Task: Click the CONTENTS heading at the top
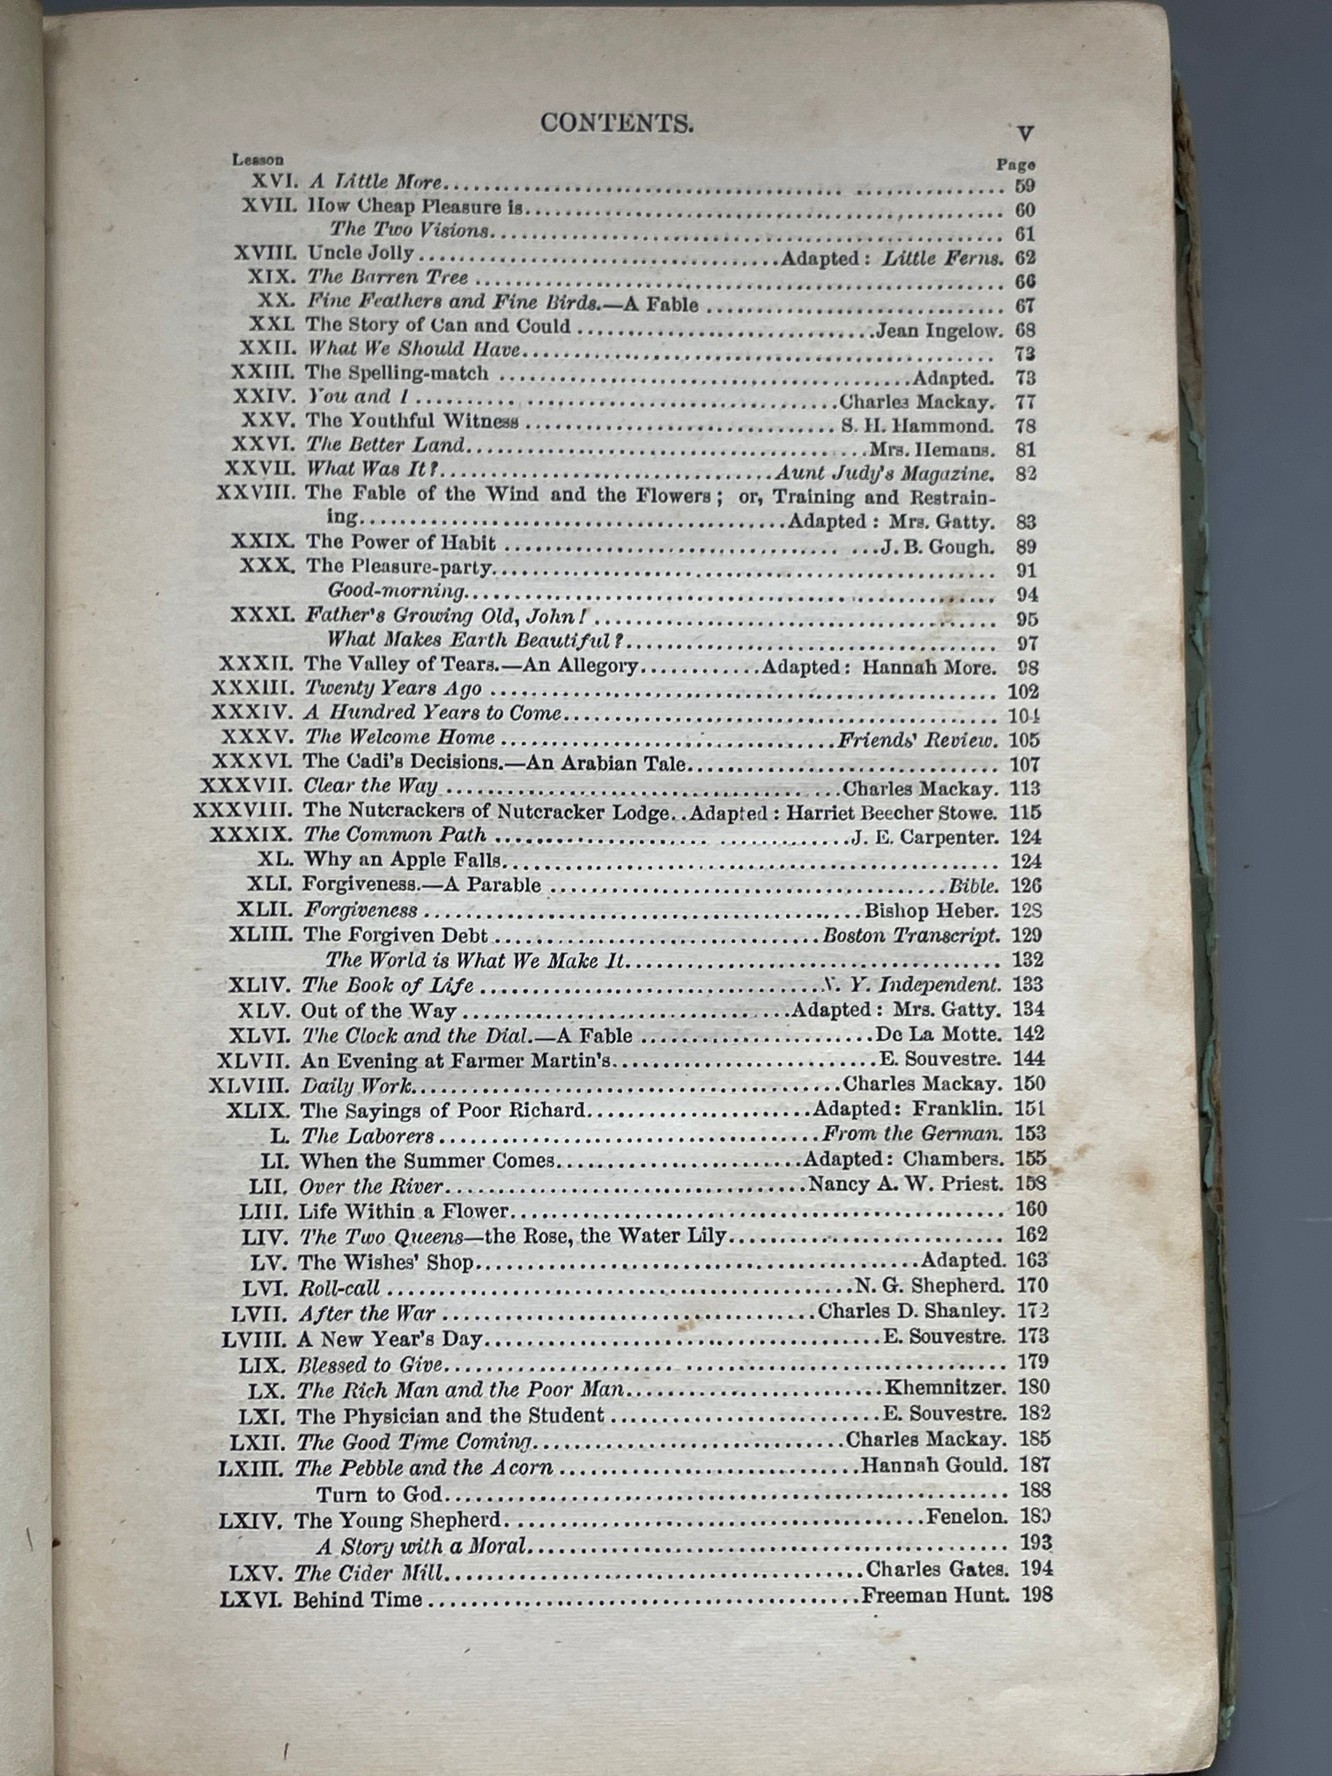616,123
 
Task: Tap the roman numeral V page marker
1025,133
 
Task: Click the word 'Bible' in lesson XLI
973,886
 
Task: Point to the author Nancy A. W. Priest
906,1184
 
